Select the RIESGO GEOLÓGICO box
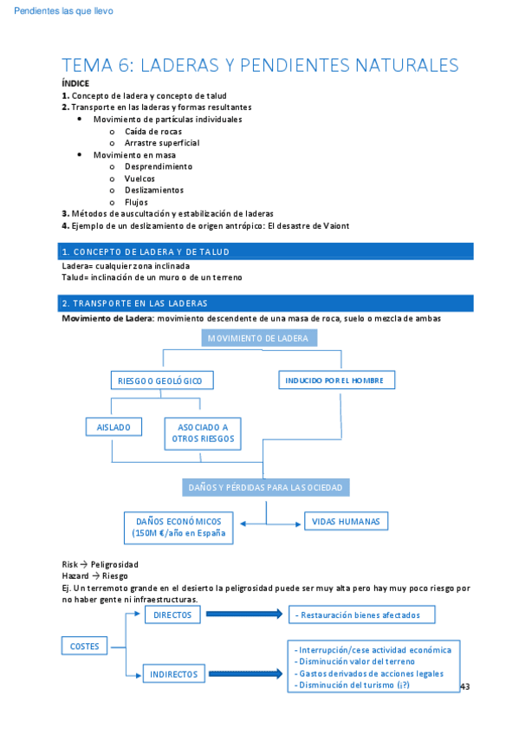click(162, 381)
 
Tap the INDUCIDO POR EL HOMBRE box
click(336, 381)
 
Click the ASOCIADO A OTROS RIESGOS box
click(203, 433)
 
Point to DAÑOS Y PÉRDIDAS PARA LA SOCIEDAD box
click(265, 488)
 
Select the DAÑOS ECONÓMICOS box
click(178, 528)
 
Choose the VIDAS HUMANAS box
click(346, 522)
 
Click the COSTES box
click(84, 646)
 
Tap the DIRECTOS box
click(172, 615)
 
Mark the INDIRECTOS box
click(173, 673)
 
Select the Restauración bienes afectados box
click(362, 615)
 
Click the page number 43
click(464, 686)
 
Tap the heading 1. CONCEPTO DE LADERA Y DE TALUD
click(146, 251)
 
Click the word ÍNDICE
click(75, 83)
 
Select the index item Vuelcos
click(139, 179)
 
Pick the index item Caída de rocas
click(153, 131)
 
